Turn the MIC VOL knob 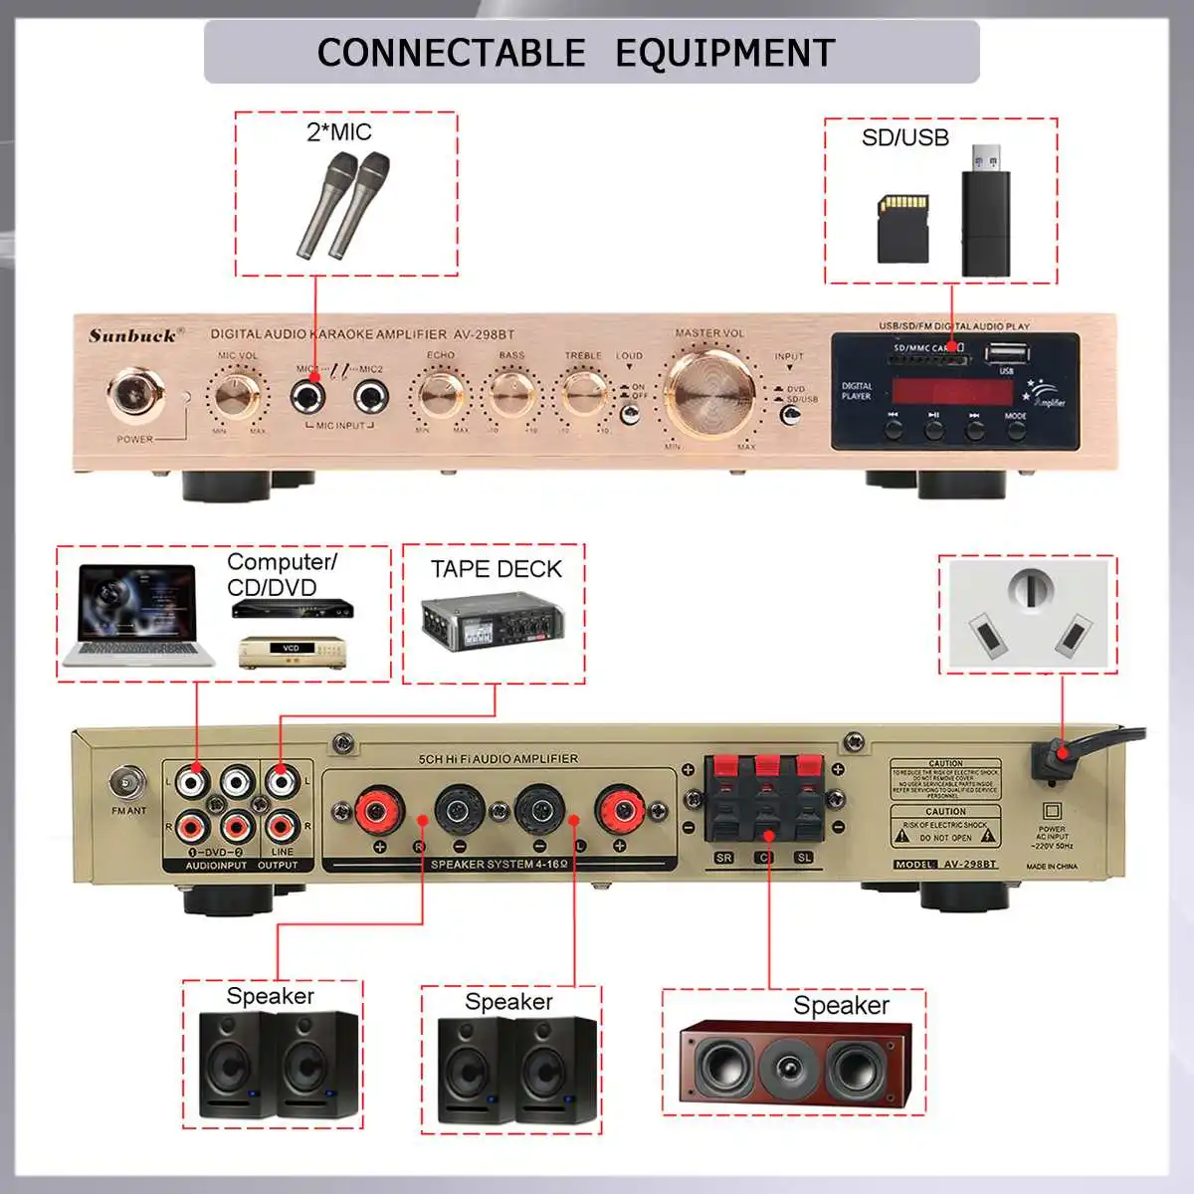[238, 394]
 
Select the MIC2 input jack [371, 398]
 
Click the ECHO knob [441, 394]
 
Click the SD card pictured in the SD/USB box [902, 228]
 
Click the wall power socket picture [1029, 614]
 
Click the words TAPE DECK [496, 569]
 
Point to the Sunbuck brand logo [131, 335]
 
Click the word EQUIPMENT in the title [724, 52]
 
